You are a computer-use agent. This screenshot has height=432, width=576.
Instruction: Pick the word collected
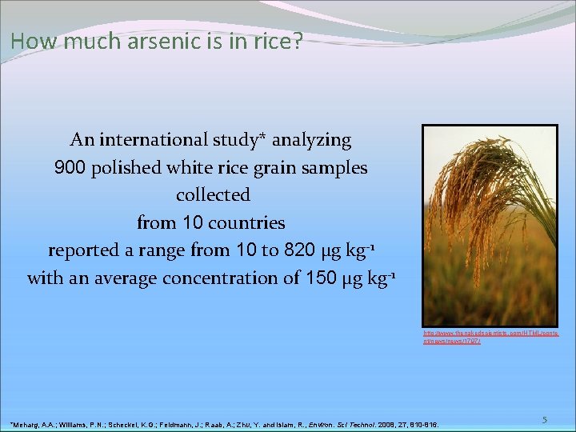[213, 195]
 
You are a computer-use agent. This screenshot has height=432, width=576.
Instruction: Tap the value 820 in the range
[294, 250]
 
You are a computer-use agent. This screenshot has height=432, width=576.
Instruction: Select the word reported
[84, 250]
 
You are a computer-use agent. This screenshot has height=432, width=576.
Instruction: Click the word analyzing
[311, 140]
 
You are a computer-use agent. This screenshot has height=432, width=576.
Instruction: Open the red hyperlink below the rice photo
[490, 336]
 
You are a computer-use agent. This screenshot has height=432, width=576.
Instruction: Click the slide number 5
[543, 419]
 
